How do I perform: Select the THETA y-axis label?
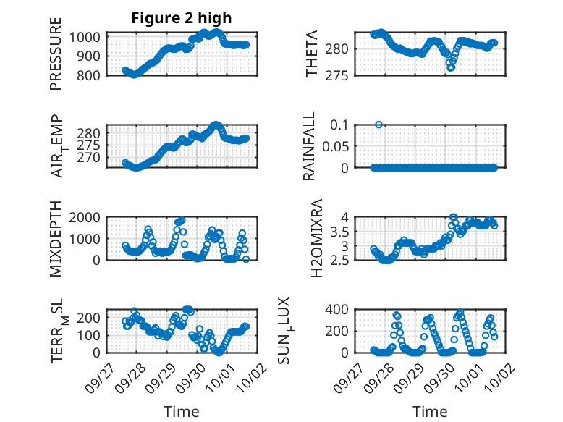(312, 54)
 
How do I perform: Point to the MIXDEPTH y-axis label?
(56, 238)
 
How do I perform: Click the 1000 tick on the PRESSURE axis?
(88, 37)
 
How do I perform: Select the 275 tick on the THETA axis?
(341, 75)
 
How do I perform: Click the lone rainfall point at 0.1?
(378, 125)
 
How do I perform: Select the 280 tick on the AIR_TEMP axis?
(91, 133)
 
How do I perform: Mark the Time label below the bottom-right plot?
(430, 412)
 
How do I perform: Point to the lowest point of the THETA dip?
(450, 67)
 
